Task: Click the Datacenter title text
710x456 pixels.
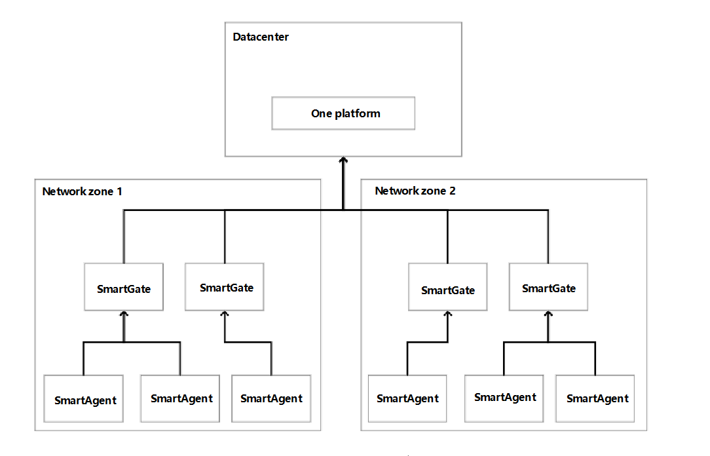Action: point(261,37)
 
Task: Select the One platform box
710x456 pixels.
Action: point(343,114)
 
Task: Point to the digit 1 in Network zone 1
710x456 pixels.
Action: point(119,191)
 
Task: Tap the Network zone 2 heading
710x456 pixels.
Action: point(415,191)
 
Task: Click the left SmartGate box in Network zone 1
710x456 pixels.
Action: point(124,288)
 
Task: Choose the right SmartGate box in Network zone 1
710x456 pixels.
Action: point(225,288)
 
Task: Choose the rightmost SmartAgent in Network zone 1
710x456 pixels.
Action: point(271,398)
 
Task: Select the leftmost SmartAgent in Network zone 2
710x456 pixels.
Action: point(407,398)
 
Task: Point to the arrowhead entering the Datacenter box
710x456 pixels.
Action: point(343,160)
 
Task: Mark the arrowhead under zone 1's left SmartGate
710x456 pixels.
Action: point(124,314)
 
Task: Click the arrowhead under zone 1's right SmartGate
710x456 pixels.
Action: point(225,314)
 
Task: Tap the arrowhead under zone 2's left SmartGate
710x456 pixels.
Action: point(447,315)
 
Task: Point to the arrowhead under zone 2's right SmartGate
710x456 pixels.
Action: point(548,315)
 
